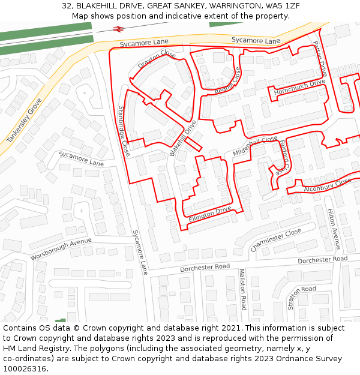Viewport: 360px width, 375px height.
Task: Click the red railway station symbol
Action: pos(117,28)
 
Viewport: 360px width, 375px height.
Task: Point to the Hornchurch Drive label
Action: pos(299,88)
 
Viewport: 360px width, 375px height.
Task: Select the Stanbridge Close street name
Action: pos(124,131)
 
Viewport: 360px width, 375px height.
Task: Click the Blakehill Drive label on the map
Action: pos(183,139)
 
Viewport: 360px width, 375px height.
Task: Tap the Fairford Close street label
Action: pos(284,157)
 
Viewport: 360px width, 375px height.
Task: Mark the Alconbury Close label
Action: pos(327,185)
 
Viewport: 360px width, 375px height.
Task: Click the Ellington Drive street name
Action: pos(210,215)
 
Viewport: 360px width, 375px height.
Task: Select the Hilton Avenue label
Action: pos(333,229)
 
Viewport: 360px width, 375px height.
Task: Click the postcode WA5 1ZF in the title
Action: pos(283,6)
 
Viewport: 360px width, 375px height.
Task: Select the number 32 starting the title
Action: pos(67,6)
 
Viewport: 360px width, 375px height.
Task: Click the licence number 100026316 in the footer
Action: pos(24,369)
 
